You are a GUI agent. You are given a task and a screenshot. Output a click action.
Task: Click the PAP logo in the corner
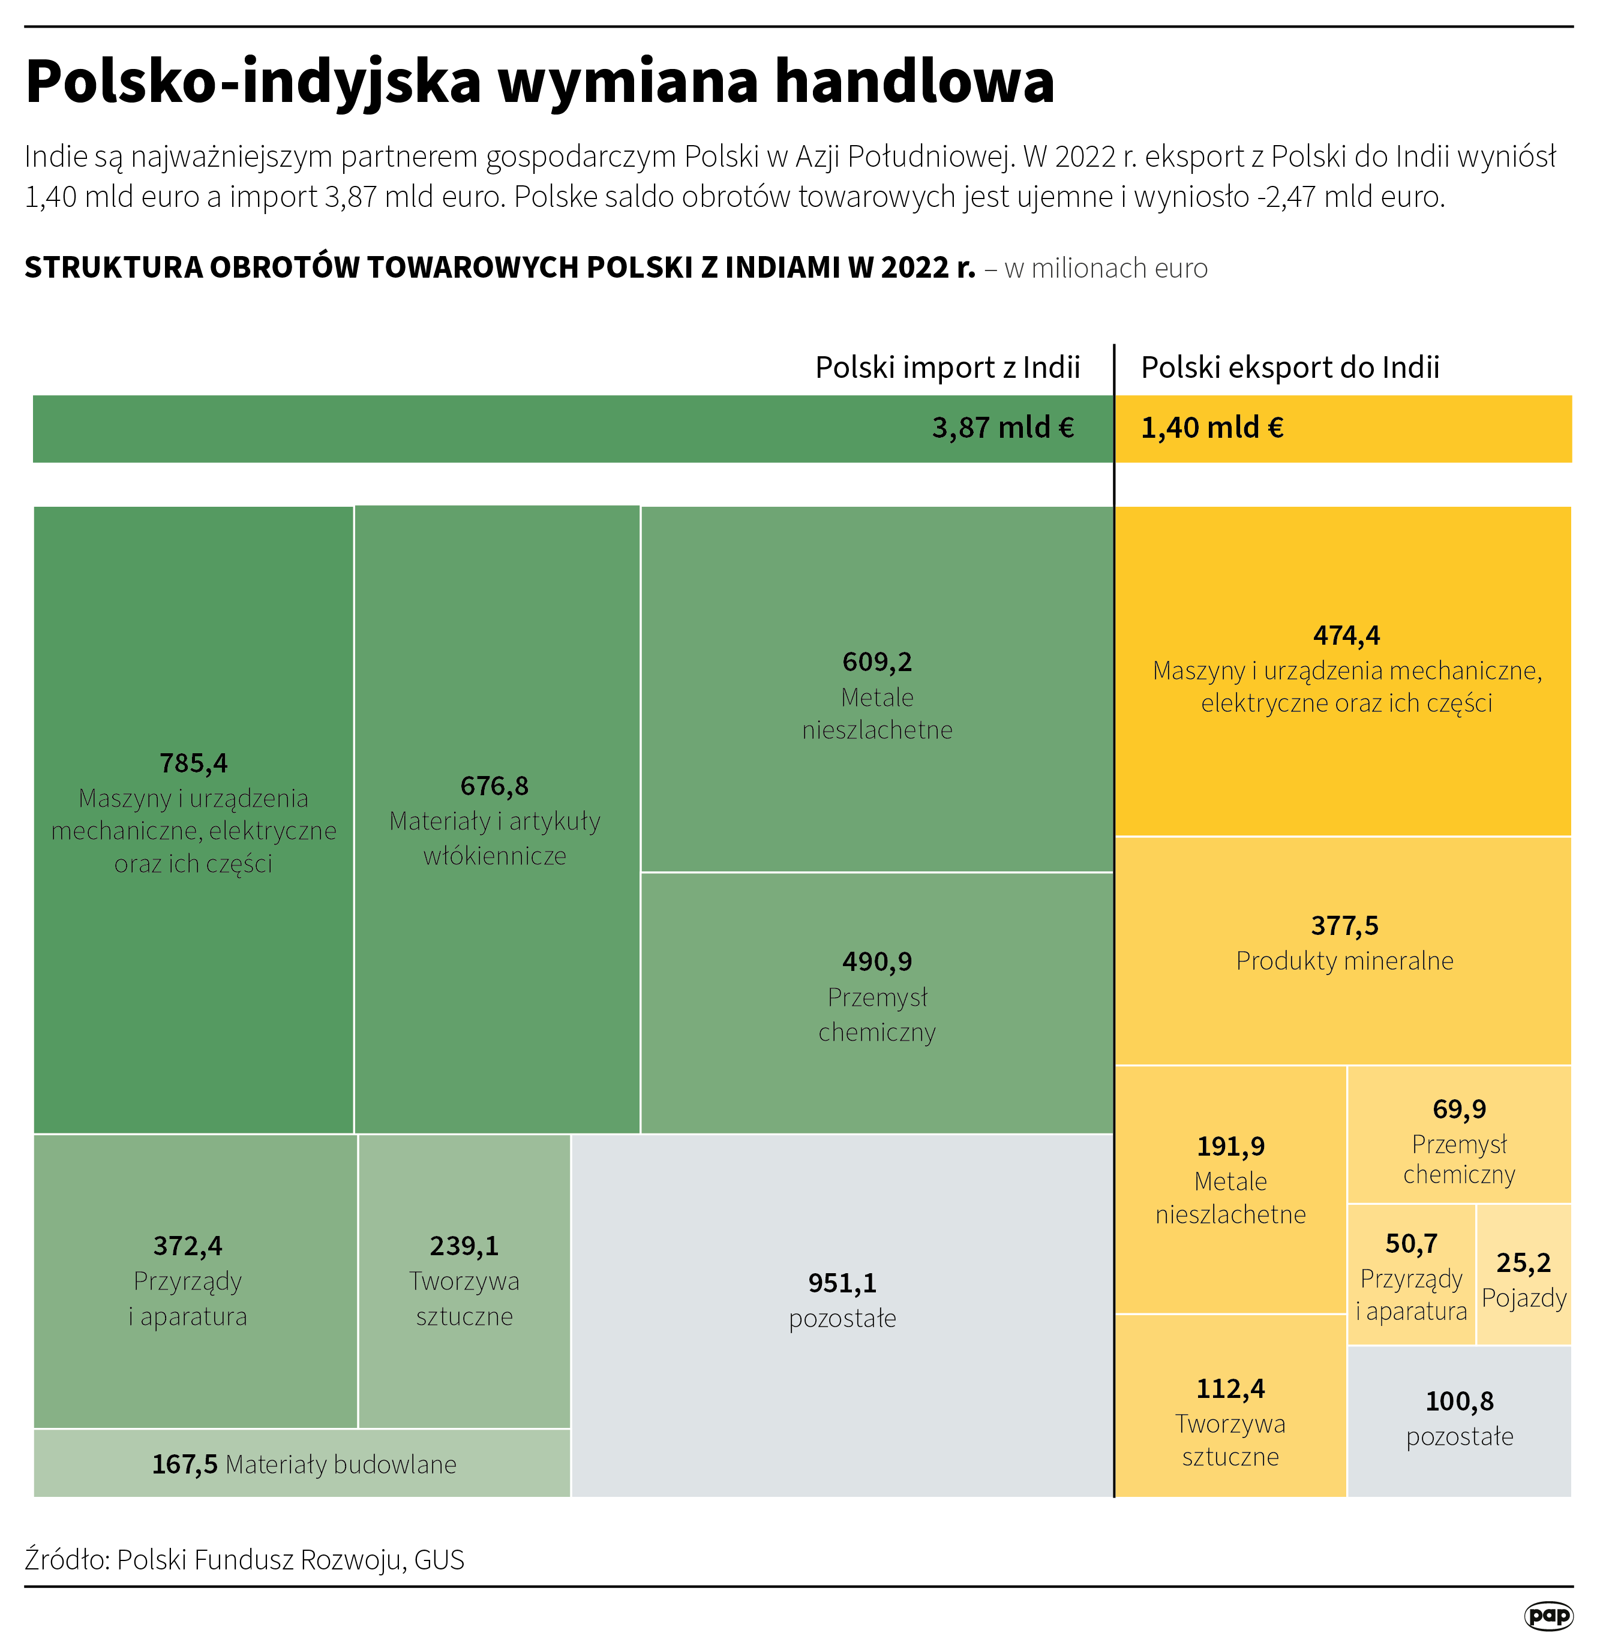point(1548,1615)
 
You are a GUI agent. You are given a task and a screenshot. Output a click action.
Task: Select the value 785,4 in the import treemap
point(193,763)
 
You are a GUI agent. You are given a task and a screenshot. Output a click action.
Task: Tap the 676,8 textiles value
point(494,786)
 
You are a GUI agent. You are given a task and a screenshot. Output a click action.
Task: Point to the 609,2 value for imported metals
point(877,662)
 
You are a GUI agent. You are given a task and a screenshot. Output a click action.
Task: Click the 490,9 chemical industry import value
point(877,961)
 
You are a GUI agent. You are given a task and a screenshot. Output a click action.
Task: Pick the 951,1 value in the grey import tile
point(842,1283)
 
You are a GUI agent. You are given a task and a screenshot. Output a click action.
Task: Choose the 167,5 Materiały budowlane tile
point(304,1464)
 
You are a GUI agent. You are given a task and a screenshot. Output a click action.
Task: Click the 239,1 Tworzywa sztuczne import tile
point(464,1280)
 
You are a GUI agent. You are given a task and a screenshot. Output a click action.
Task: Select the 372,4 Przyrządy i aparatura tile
point(188,1280)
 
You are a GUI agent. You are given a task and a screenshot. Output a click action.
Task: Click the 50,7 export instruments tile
point(1411,1276)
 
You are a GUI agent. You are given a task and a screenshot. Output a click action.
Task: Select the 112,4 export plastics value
point(1230,1389)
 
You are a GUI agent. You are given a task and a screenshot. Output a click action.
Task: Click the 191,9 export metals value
point(1230,1147)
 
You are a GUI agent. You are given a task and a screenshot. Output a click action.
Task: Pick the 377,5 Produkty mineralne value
point(1344,926)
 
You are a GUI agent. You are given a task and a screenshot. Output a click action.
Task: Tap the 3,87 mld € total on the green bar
point(1002,428)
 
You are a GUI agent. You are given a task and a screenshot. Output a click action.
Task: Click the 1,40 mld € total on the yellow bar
point(1212,428)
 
